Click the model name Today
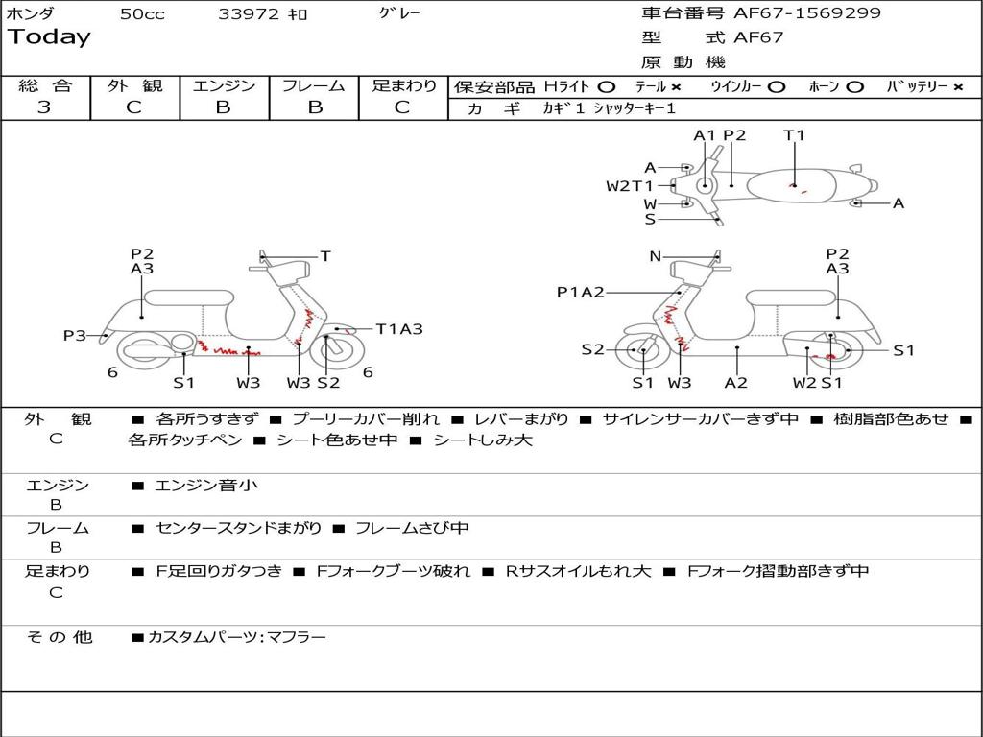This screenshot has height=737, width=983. (x=49, y=37)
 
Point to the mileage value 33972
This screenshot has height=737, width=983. (x=249, y=14)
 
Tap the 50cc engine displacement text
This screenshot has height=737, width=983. (x=142, y=14)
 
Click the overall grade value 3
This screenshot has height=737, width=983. (x=44, y=107)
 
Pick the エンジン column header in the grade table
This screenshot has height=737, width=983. (x=224, y=86)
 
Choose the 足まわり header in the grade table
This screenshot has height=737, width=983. (x=404, y=86)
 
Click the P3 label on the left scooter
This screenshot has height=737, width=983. (x=75, y=336)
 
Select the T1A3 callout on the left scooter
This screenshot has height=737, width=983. (x=398, y=329)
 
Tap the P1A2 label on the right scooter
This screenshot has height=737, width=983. (x=580, y=293)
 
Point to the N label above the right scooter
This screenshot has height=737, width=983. (x=656, y=256)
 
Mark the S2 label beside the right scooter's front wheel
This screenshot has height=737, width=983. (x=592, y=349)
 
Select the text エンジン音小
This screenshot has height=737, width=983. (x=206, y=486)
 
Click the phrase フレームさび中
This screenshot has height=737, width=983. (x=412, y=528)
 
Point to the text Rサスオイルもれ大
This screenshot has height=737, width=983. (x=579, y=571)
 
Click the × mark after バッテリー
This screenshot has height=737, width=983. (x=957, y=86)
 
